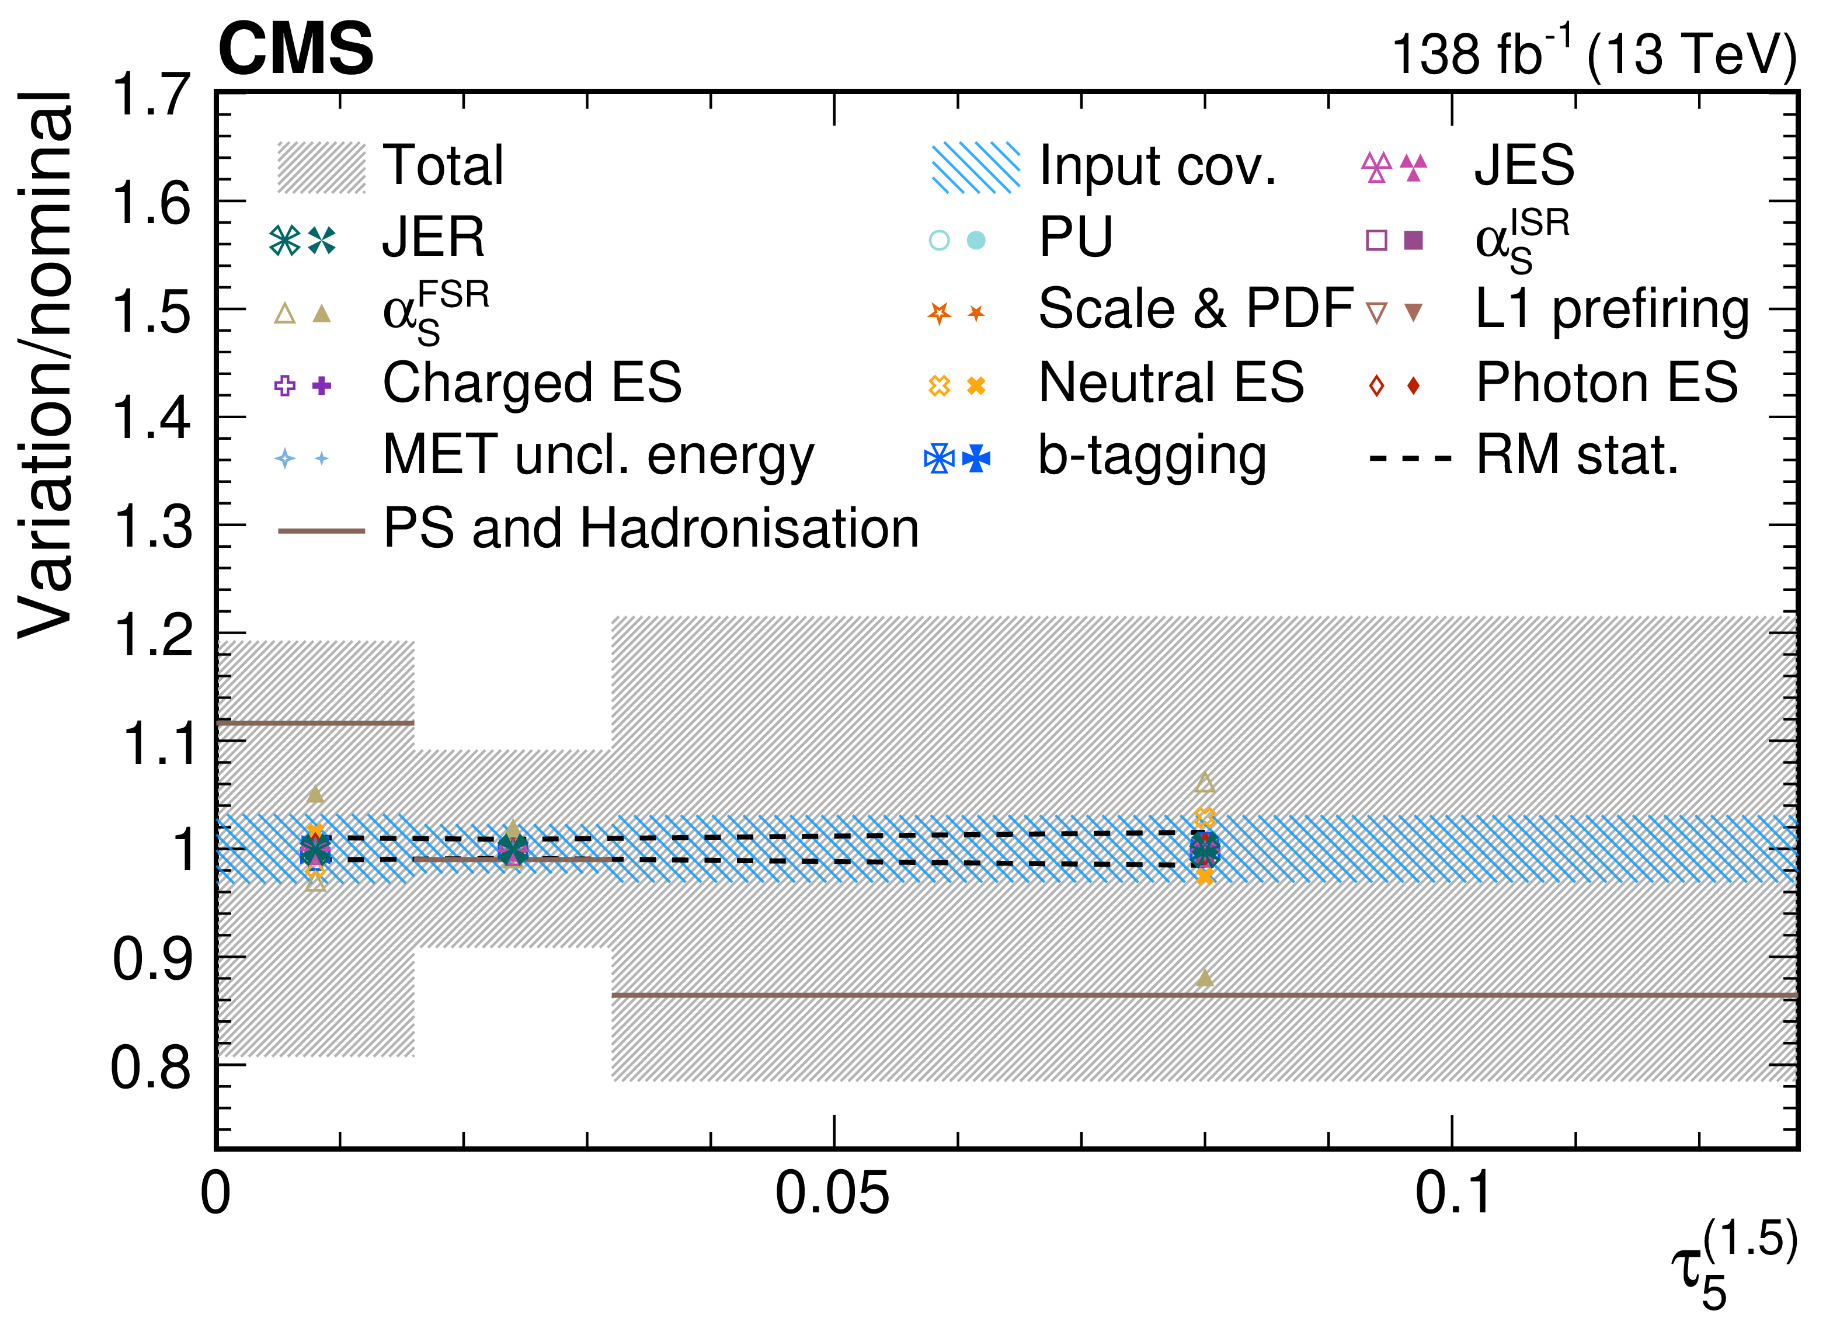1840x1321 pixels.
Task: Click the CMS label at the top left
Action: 296,48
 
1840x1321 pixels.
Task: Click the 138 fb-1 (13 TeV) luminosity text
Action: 1594,52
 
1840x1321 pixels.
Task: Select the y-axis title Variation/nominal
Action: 46,364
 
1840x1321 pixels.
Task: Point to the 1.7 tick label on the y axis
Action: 152,94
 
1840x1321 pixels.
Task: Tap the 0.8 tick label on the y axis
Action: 152,1067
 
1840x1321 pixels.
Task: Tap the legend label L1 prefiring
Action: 1612,311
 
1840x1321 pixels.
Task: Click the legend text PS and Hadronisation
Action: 651,529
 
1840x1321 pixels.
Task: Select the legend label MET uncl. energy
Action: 599,456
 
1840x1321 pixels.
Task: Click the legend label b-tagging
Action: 1152,456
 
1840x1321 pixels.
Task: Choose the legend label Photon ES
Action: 1607,383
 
